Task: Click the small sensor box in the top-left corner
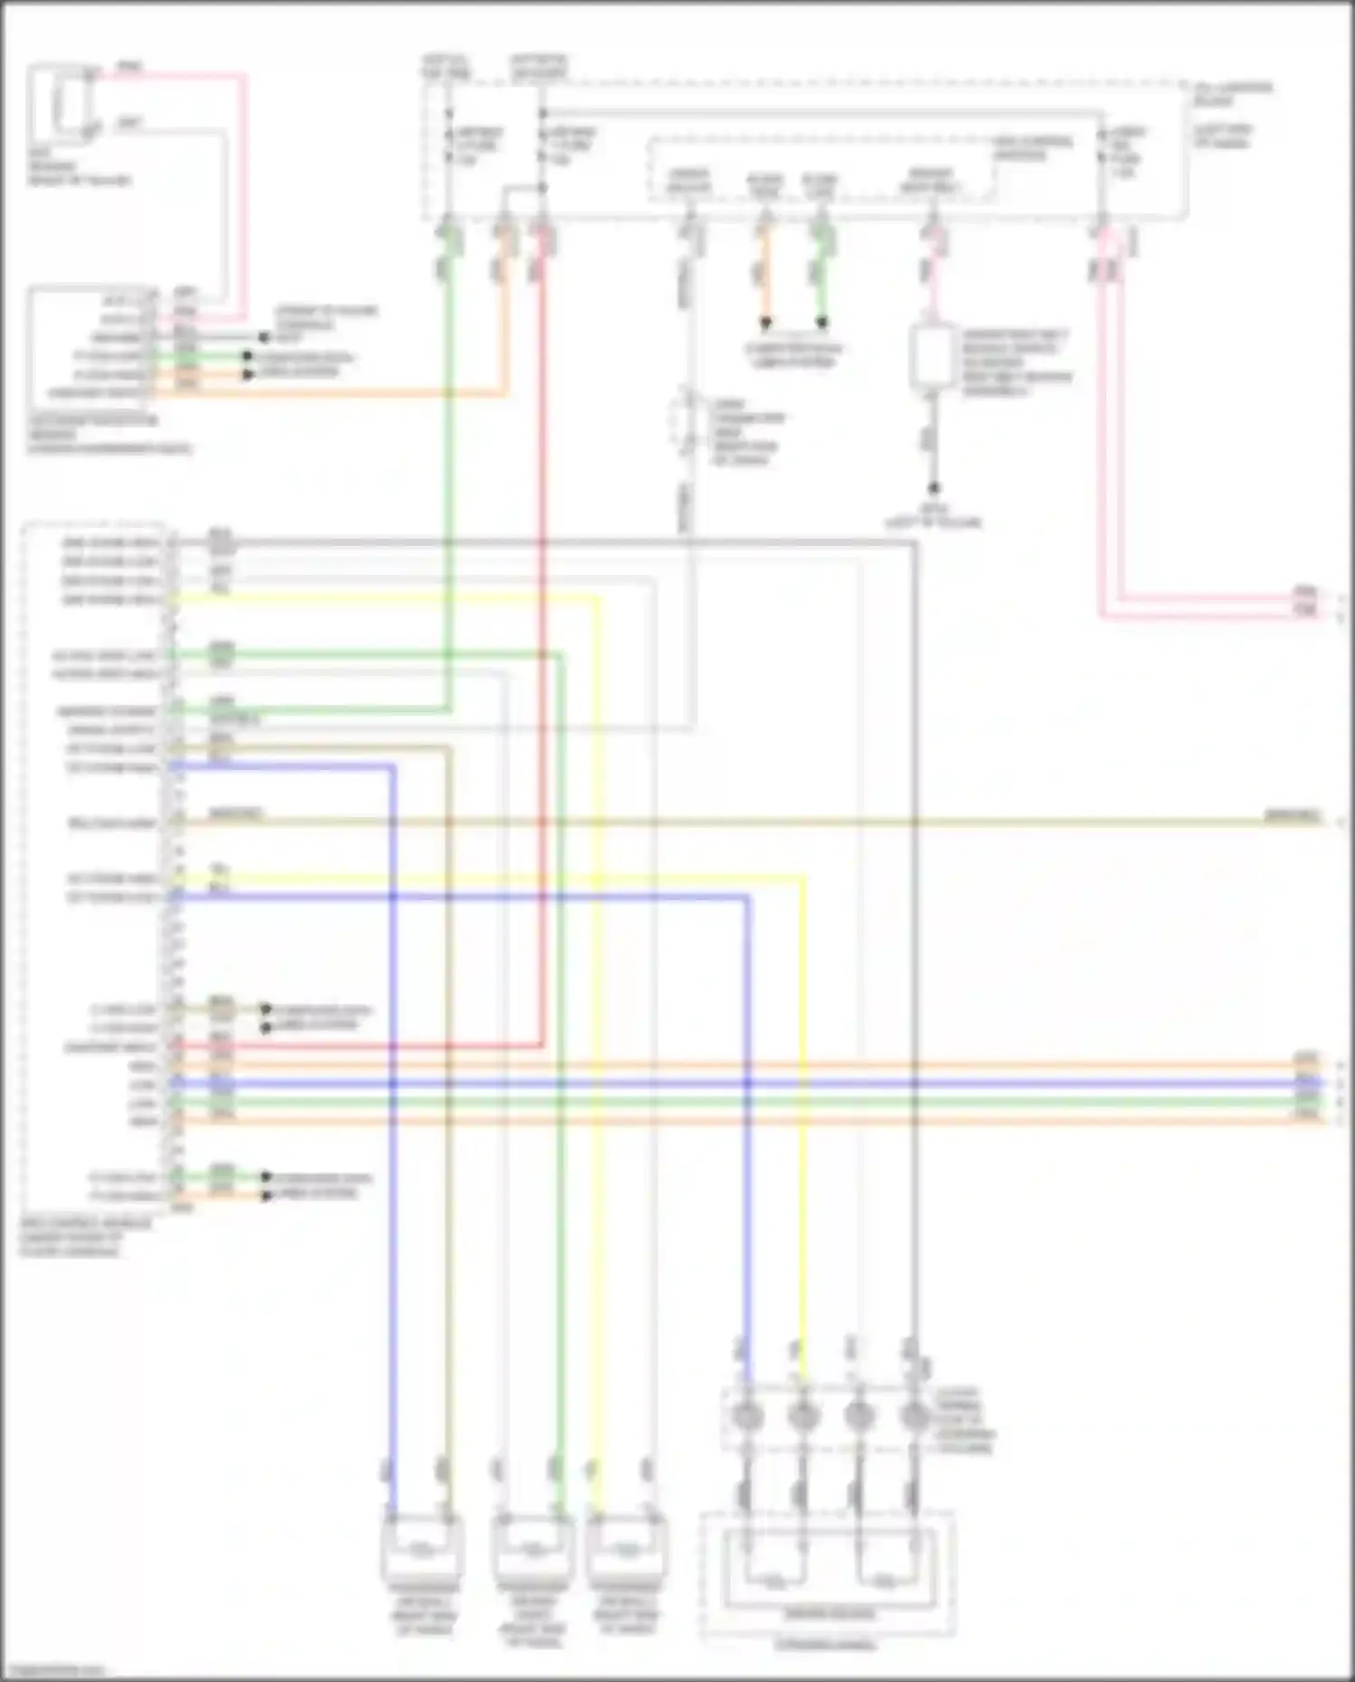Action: [x=61, y=102]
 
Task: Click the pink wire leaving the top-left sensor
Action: [x=242, y=181]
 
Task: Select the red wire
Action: [x=542, y=633]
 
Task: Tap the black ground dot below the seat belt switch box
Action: [x=934, y=488]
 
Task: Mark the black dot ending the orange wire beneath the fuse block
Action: [x=765, y=322]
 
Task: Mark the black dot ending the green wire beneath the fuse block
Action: [x=821, y=322]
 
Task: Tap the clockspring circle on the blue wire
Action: [x=747, y=1415]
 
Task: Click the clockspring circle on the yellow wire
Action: [x=802, y=1415]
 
